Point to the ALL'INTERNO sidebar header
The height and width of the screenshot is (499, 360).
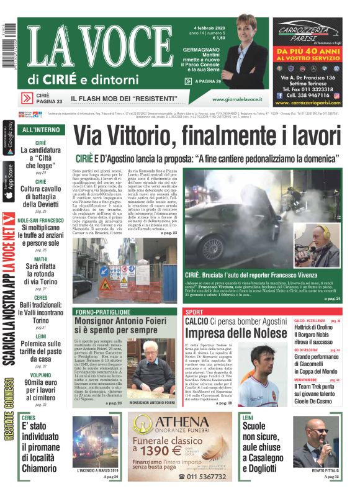pos(41,130)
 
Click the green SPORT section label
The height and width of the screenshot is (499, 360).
pos(194,312)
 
